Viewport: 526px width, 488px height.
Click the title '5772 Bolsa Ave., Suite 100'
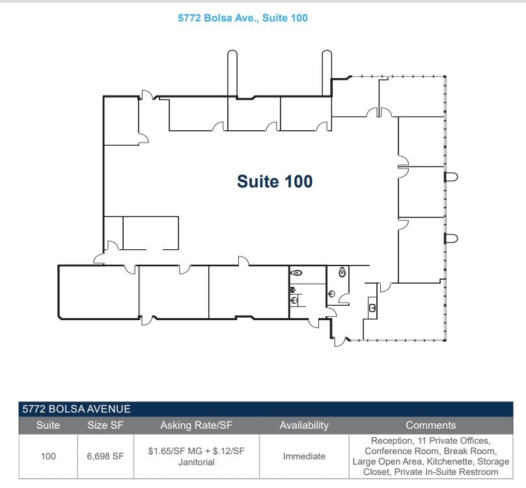243,18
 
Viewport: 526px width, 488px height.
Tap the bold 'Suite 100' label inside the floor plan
274,182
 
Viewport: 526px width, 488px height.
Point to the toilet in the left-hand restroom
297,274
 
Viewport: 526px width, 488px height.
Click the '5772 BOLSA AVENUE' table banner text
77,409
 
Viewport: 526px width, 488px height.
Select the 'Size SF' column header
105,426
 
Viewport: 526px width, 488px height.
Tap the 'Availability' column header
304,426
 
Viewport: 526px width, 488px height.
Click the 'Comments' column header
430,426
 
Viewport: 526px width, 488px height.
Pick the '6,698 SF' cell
105,456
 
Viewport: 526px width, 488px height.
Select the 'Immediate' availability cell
304,456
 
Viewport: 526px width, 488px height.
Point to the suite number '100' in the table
48,456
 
